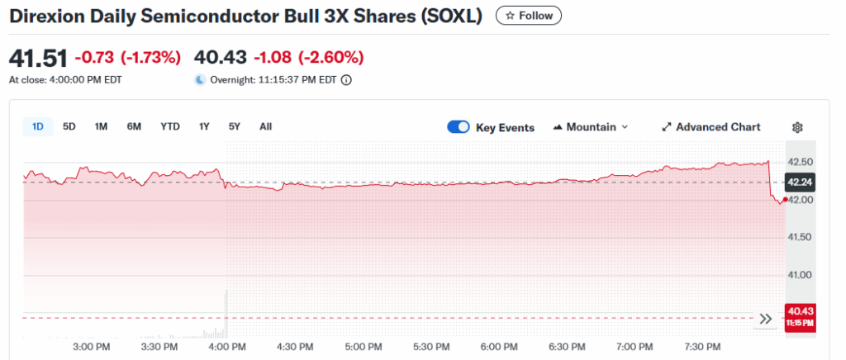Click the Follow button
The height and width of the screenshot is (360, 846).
[x=529, y=16]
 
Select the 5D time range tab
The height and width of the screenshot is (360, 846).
[x=69, y=126]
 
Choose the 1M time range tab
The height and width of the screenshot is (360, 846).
[x=101, y=126]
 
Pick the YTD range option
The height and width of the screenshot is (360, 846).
[x=170, y=126]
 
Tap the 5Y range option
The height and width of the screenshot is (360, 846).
[x=235, y=126]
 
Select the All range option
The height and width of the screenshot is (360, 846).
[x=265, y=126]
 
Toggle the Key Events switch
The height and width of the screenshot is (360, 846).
[x=459, y=127]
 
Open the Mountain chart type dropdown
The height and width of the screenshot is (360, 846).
[x=591, y=127]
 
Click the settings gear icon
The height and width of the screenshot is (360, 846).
[x=797, y=127]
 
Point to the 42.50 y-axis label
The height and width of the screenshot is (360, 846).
[x=801, y=162]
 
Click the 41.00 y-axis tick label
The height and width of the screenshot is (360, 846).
[x=801, y=274]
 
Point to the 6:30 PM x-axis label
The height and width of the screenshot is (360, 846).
[x=566, y=346]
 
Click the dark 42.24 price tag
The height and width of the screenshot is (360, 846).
[x=800, y=182]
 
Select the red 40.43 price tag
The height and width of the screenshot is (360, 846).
[x=800, y=314]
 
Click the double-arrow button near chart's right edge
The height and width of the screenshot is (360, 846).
[x=766, y=319]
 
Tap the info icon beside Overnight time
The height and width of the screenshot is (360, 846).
[x=346, y=80]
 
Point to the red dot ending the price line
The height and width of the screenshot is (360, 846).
[x=784, y=200]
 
